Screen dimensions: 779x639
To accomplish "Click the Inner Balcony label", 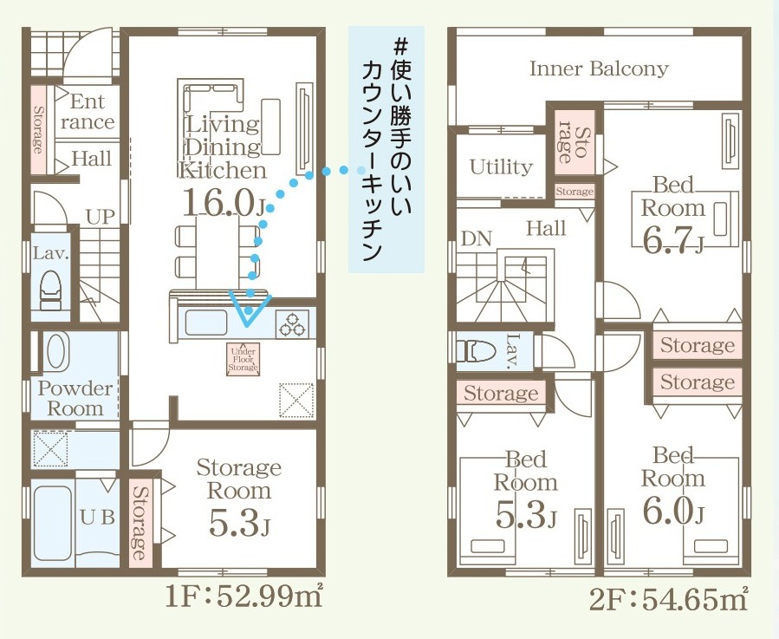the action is [x=599, y=68].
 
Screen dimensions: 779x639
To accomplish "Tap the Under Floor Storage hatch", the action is [x=243, y=359].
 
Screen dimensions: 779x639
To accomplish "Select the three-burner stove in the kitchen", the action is [x=292, y=323].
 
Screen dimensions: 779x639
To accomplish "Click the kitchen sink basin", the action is [x=206, y=323].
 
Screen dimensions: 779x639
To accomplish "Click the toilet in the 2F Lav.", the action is [x=476, y=351].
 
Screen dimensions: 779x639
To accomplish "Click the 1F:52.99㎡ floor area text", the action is [x=244, y=596].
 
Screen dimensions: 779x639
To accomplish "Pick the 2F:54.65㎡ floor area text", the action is [x=668, y=598].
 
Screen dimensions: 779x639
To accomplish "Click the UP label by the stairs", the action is [x=100, y=217].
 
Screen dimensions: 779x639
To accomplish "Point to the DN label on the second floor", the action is [x=477, y=238].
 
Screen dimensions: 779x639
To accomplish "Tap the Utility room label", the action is [x=501, y=167].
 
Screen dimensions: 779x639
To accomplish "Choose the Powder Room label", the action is [x=75, y=398].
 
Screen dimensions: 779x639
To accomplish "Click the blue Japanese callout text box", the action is [x=386, y=149].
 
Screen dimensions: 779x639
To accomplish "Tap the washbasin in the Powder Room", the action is [x=57, y=351].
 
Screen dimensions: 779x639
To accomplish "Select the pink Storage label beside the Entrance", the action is [x=38, y=130].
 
